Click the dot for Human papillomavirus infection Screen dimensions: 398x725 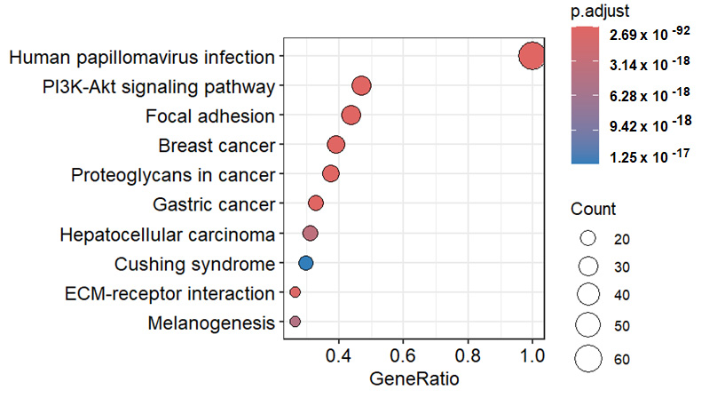tap(531, 56)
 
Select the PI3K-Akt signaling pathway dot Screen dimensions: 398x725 tap(361, 86)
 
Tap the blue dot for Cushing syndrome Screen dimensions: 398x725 tap(305, 263)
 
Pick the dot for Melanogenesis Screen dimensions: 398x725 tap(295, 322)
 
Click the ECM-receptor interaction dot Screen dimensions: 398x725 tap(295, 292)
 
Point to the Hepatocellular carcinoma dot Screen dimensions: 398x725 tap(310, 234)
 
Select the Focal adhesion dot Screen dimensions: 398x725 tap(351, 115)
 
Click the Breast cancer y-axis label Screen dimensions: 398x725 tap(216, 145)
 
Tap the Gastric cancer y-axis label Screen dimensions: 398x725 tap(214, 204)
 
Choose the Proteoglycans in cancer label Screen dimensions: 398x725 tap(172, 174)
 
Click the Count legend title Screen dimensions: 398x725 tap(593, 210)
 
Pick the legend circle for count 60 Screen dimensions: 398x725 tap(587, 359)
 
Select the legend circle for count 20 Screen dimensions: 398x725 tap(587, 239)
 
